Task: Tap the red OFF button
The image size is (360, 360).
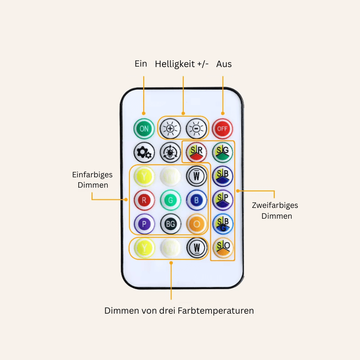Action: point(222,129)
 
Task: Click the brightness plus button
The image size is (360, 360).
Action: point(170,129)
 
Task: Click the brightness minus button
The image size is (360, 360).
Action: point(196,129)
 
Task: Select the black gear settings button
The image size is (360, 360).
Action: point(144,153)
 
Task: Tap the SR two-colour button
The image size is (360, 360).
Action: point(196,152)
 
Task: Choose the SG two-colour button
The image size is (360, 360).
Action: point(222,152)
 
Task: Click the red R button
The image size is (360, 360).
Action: point(144,201)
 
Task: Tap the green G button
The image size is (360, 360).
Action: point(170,201)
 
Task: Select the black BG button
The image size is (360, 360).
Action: point(170,224)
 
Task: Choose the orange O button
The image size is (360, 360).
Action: point(196,224)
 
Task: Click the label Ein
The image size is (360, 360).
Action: point(141,63)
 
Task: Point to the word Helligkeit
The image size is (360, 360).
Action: point(175,64)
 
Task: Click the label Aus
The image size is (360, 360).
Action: point(224,64)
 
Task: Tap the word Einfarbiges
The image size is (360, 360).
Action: point(92,175)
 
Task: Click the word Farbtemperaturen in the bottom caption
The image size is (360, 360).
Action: point(216,311)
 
